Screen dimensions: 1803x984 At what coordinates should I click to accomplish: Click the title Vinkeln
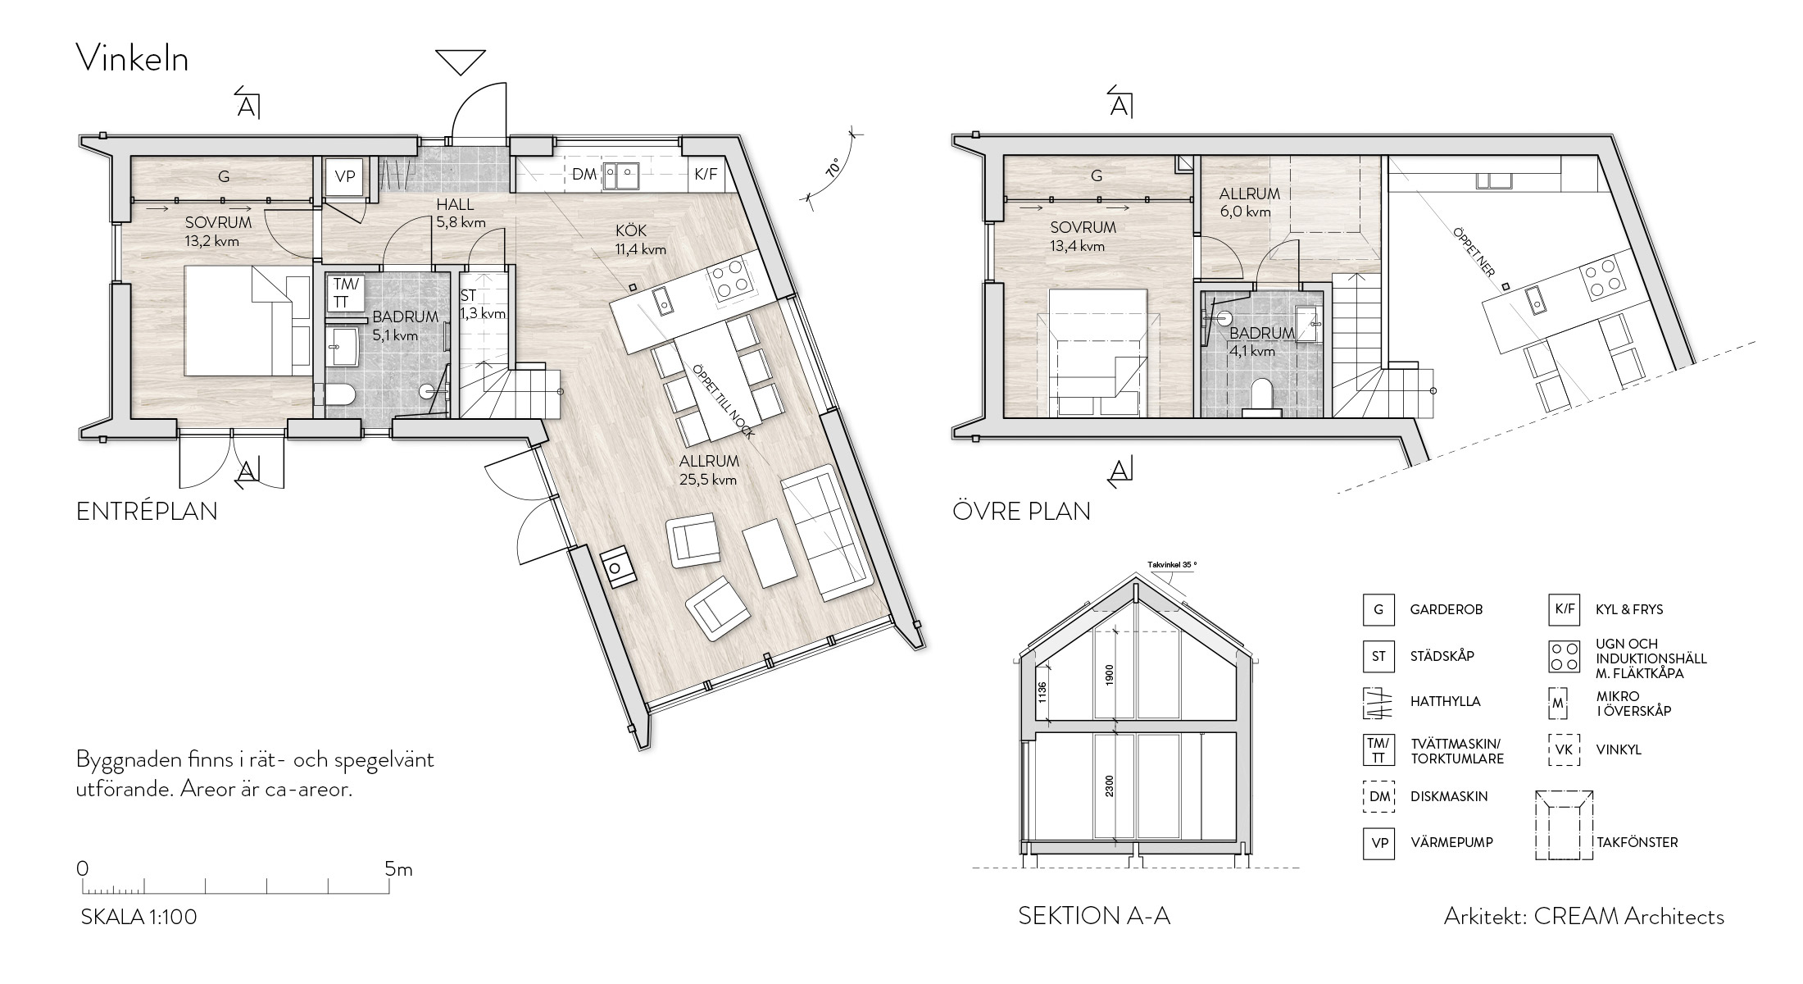point(132,58)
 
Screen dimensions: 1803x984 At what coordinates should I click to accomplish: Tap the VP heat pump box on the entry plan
point(345,176)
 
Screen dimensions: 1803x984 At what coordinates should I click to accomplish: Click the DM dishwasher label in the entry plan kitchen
point(584,175)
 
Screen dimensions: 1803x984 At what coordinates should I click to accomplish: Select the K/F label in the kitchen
point(705,174)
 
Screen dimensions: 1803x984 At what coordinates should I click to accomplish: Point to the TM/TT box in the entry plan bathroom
point(346,293)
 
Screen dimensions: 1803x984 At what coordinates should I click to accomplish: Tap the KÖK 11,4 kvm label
point(640,240)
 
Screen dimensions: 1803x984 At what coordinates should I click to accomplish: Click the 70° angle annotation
point(833,167)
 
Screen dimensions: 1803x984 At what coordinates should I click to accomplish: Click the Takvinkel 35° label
point(1172,565)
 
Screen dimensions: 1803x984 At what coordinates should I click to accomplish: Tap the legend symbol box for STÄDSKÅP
point(1378,656)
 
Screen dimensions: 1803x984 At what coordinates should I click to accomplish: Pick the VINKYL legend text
point(1619,749)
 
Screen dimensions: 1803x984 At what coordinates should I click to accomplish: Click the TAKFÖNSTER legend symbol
point(1564,825)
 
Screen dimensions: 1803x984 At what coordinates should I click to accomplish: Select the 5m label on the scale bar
point(399,868)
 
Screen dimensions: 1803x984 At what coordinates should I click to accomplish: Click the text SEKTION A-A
point(1094,916)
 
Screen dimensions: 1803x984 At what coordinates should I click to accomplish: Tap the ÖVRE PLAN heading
point(1021,511)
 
